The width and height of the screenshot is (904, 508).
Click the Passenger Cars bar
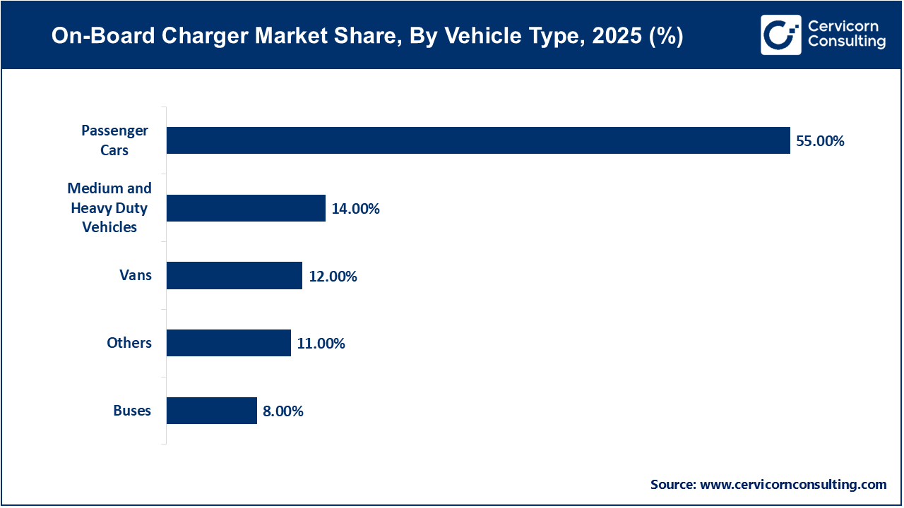[x=478, y=140]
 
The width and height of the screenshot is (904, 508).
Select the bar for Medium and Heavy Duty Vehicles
[x=246, y=208]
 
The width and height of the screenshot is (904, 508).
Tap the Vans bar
[x=234, y=276]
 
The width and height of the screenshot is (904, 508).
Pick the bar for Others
[x=229, y=343]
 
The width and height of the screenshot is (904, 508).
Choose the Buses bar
[x=212, y=411]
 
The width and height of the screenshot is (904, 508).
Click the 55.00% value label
[x=820, y=141]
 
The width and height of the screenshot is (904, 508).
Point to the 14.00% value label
[x=355, y=209]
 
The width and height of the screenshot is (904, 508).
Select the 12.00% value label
[x=333, y=277]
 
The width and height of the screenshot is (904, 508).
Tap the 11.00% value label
[x=321, y=344]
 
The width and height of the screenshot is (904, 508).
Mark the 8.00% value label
[x=283, y=411]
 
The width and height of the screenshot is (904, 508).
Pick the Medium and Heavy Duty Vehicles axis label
[x=109, y=207]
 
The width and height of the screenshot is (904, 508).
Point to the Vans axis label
[x=136, y=275]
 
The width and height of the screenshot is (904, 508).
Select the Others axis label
[x=129, y=343]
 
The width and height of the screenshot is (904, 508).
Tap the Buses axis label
[x=132, y=411]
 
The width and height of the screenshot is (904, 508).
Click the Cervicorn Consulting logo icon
[x=780, y=35]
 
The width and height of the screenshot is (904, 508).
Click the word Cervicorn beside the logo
[x=843, y=26]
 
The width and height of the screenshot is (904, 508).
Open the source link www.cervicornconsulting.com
[x=792, y=485]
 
